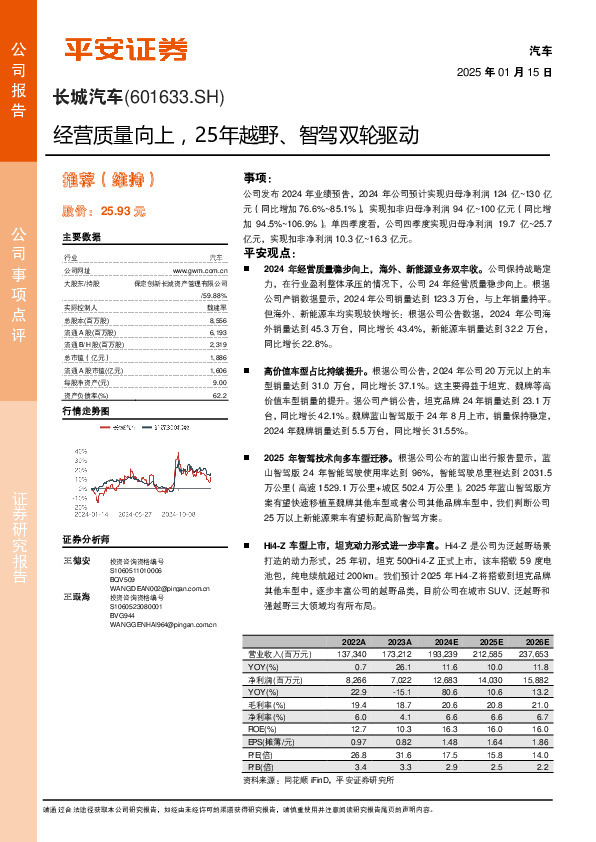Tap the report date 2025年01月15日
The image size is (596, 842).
(x=504, y=73)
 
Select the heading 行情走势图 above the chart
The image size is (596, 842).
(x=83, y=411)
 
